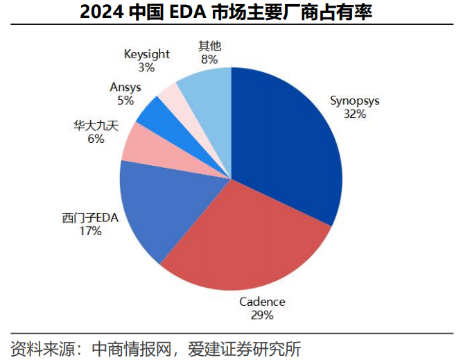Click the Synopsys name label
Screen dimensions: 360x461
(355, 101)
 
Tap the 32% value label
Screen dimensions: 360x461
(355, 114)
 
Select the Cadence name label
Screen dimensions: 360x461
(262, 302)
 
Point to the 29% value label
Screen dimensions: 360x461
(262, 315)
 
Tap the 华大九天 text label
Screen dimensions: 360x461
(96, 126)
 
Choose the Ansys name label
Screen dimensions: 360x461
(125, 87)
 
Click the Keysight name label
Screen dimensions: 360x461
(147, 54)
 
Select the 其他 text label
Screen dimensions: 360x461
(209, 46)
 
